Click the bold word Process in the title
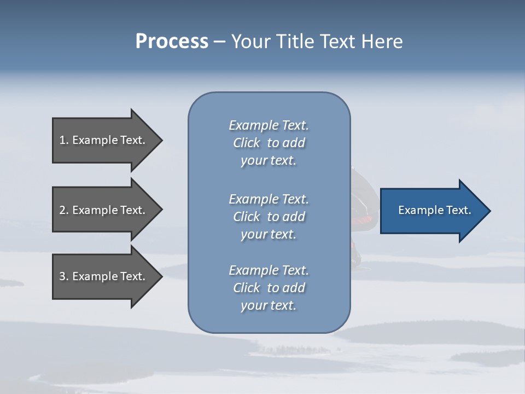172,42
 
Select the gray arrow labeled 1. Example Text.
104,140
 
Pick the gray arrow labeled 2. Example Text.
104,210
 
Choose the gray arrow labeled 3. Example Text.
104,276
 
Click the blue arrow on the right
432,211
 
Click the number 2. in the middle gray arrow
64,210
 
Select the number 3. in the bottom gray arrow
64,276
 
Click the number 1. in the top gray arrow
63,140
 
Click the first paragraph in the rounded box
269,143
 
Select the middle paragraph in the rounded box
269,217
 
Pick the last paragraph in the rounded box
269,288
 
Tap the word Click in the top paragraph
246,143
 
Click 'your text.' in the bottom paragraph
269,305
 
